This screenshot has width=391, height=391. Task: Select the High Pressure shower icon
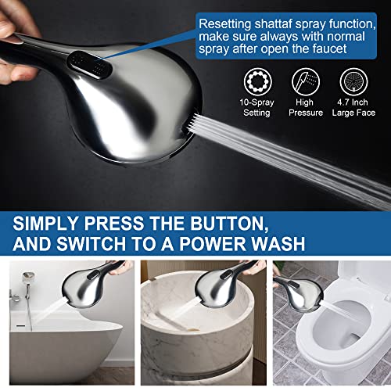305,81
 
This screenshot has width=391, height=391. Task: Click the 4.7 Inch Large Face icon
353,81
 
